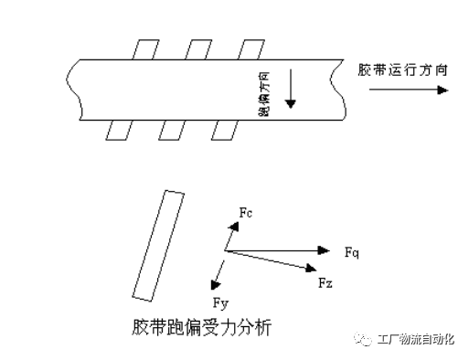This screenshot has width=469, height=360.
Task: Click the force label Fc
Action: (x=245, y=213)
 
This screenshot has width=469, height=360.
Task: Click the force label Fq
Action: (x=353, y=251)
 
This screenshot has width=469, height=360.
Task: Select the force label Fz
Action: (x=325, y=285)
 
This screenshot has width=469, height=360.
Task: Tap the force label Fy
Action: (x=219, y=302)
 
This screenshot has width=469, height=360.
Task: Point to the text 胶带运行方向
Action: (x=402, y=70)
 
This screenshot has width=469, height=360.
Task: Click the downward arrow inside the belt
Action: (x=289, y=90)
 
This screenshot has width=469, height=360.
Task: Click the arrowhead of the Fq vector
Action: (x=324, y=249)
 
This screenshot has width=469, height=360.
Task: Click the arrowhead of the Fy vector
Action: (x=214, y=281)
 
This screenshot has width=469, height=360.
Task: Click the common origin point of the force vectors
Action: (x=224, y=249)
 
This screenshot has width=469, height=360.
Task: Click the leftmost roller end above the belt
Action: (x=144, y=49)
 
